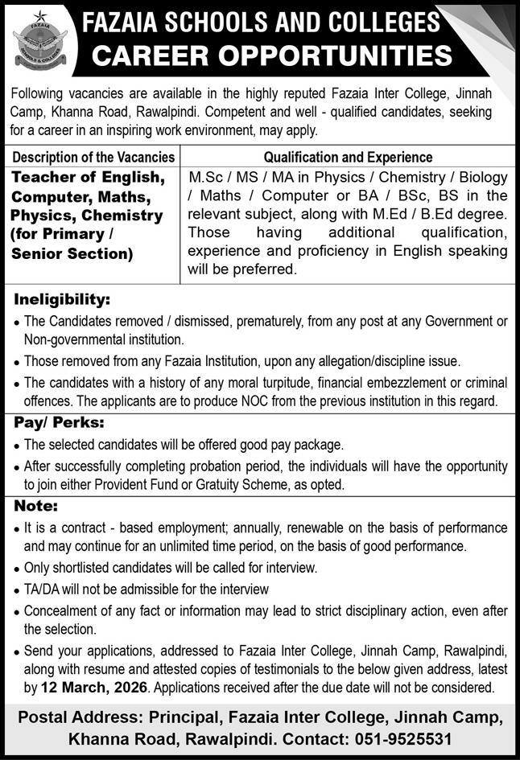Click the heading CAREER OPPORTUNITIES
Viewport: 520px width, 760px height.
click(271, 55)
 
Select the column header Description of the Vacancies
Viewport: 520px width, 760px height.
click(94, 157)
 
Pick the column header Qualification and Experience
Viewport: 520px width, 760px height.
click(348, 157)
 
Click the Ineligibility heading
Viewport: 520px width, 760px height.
click(62, 300)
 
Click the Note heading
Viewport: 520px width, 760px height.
click(35, 506)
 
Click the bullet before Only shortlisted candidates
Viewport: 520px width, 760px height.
click(17, 568)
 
